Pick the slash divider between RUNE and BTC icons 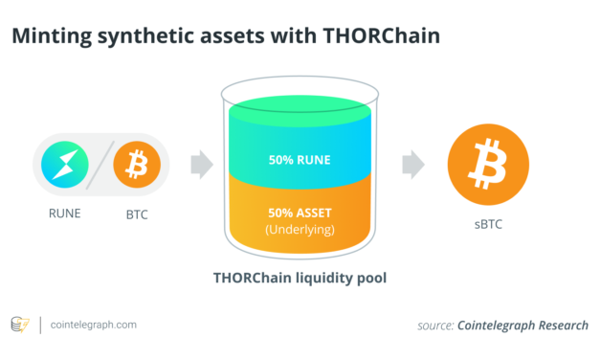[101, 166]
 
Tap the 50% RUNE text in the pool [299, 159]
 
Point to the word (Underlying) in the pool [299, 231]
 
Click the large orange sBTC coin [490, 166]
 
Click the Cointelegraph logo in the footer [20, 325]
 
